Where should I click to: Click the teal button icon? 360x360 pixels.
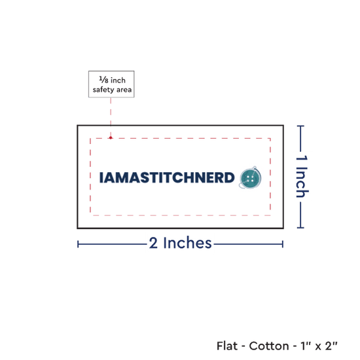tap(250, 177)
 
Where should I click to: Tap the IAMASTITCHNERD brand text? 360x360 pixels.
tap(167, 177)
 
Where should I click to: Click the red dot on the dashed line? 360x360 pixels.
tap(111, 137)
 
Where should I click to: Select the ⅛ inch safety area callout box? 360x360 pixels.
tap(111, 84)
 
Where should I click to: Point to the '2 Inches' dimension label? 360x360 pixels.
tap(180, 243)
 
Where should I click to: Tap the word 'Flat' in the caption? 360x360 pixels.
tap(227, 346)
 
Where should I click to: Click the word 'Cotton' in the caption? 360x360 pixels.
tap(269, 346)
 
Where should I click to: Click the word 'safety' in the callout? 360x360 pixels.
tap(103, 90)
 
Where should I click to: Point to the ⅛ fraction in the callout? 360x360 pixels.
tap(103, 80)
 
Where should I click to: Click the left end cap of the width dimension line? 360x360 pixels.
tap(78, 244)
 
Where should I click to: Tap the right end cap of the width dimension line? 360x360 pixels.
tap(283, 244)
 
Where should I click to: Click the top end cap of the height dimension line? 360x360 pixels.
tap(300, 126)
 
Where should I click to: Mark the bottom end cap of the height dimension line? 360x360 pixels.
tap(300, 228)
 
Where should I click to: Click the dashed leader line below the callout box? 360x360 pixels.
tap(111, 117)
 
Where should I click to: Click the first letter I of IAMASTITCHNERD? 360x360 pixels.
tap(101, 177)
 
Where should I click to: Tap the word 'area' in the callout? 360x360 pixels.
tap(124, 90)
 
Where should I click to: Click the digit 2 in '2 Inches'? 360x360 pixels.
tap(153, 243)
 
